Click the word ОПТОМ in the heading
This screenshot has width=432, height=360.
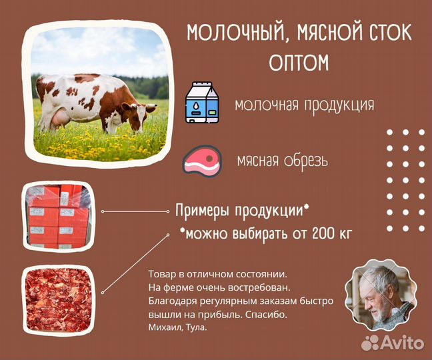pos(299,63)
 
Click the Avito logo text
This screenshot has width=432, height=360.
pos(401,343)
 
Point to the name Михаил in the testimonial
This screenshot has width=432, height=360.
pos(164,327)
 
